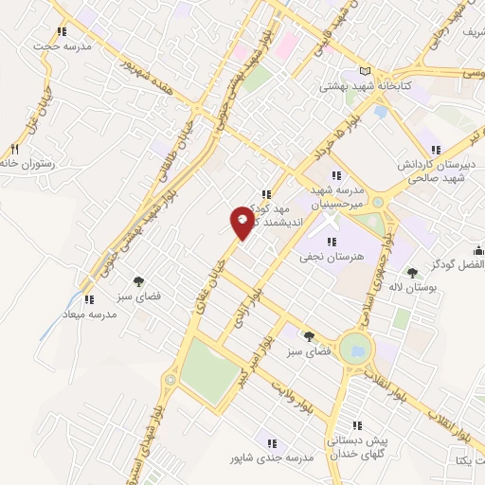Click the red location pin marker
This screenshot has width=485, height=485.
[x=242, y=220]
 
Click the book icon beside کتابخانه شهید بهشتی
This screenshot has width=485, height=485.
[x=367, y=71]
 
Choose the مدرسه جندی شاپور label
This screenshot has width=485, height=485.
[x=271, y=458]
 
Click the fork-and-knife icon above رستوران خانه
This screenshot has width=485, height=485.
[x=14, y=149]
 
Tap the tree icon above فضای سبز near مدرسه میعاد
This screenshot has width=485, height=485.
[x=139, y=281]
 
